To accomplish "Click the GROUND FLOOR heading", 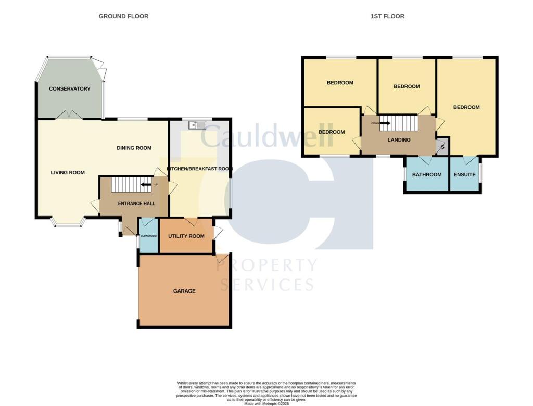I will pyautogui.click(x=123, y=16).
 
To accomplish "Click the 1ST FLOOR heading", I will pyautogui.click(x=387, y=16).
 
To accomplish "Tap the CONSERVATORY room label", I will pyautogui.click(x=70, y=89).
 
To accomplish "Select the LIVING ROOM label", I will pyautogui.click(x=68, y=173).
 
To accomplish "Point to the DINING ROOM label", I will pyautogui.click(x=134, y=148).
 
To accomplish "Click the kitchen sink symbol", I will pyautogui.click(x=198, y=125).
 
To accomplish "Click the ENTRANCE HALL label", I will pyautogui.click(x=133, y=204).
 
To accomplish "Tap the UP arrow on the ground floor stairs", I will pyautogui.click(x=146, y=184).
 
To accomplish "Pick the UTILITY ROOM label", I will pyautogui.click(x=186, y=236).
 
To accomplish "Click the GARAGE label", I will pyautogui.click(x=184, y=291).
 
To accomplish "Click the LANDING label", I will pyautogui.click(x=399, y=140).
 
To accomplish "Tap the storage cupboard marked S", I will pyautogui.click(x=442, y=147).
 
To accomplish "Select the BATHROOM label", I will pyautogui.click(x=427, y=175).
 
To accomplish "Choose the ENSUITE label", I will pyautogui.click(x=464, y=175).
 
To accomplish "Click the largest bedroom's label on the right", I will pyautogui.click(x=466, y=108).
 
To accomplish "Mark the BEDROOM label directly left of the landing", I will pyautogui.click(x=332, y=132).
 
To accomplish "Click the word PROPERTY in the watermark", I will pyautogui.click(x=266, y=265).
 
